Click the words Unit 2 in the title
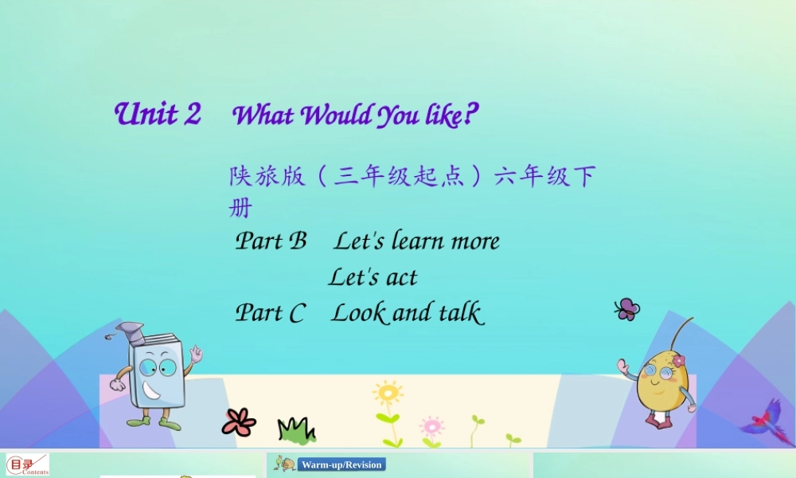coord(158,114)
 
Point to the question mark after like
coord(470,116)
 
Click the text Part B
coord(271,241)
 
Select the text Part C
coord(270,312)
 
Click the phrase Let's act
coord(373,276)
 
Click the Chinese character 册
coord(240,209)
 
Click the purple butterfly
coord(627,309)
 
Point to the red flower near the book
coord(239,421)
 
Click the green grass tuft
coord(295,430)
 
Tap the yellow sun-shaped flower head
coord(388,393)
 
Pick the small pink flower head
coord(431,424)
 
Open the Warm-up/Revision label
coord(341,464)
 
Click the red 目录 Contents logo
coord(28,464)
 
